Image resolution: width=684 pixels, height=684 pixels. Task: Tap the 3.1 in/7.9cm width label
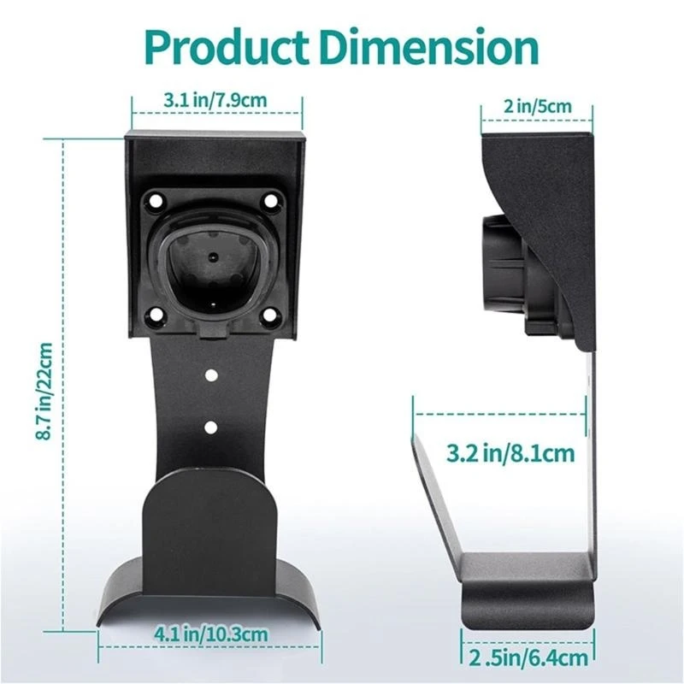(215, 100)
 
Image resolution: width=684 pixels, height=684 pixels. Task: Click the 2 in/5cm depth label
(538, 108)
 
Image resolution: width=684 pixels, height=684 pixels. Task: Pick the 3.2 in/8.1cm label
(510, 451)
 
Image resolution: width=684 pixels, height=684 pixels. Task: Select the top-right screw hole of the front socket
(271, 202)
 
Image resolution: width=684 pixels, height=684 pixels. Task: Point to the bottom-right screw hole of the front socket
(269, 315)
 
